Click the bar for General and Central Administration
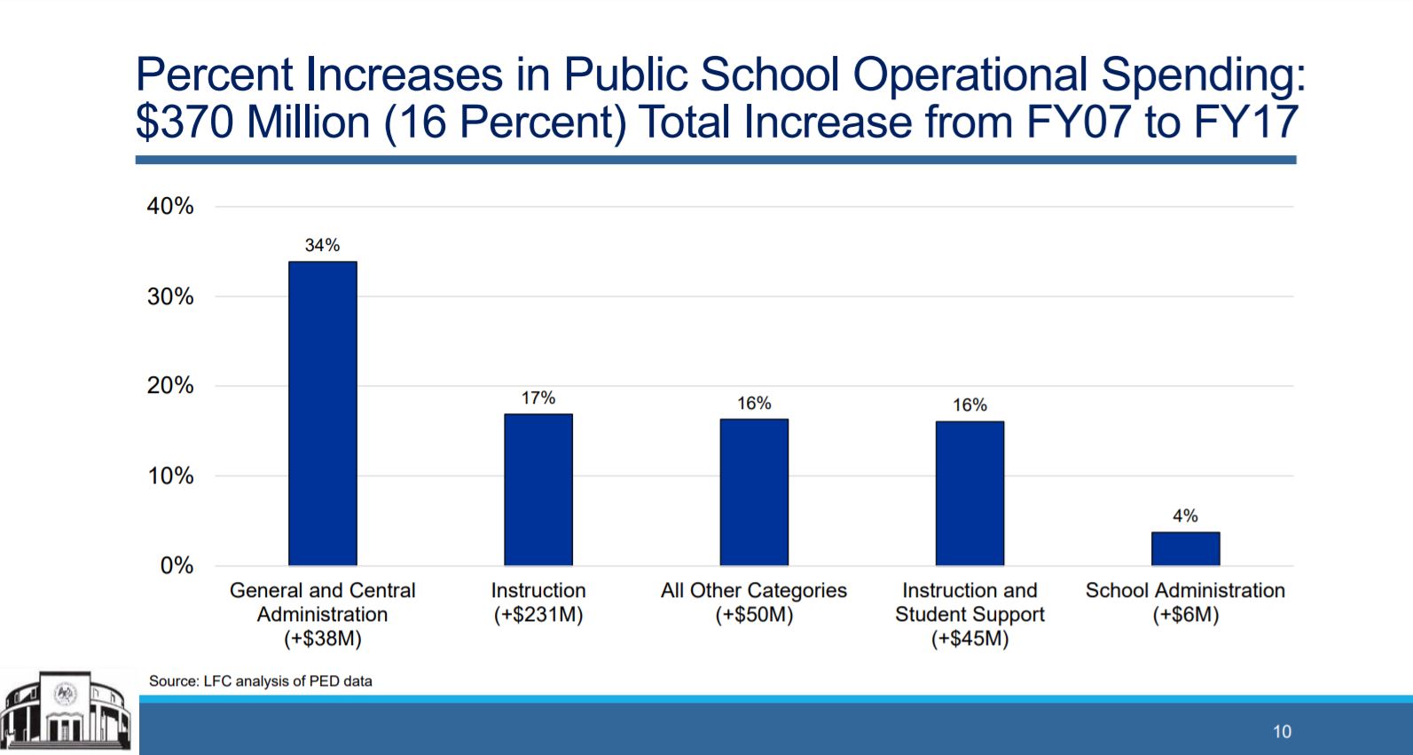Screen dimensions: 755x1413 (x=323, y=413)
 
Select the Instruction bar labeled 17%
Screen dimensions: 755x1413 (x=538, y=490)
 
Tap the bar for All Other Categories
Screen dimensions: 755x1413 (x=754, y=492)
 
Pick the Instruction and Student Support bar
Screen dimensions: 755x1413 (x=969, y=493)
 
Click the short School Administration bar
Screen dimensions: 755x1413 (x=1185, y=549)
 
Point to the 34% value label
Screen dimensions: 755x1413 (x=322, y=246)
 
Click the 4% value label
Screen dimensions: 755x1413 (x=1185, y=516)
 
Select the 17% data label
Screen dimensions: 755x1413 (x=538, y=398)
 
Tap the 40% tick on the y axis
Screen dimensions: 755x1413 (x=170, y=207)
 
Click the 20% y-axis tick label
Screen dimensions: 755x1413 (x=170, y=386)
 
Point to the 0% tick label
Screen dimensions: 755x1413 (x=177, y=566)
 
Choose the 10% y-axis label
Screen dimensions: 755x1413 (x=170, y=476)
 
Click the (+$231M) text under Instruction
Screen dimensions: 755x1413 (x=538, y=615)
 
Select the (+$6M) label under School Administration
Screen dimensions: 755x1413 (x=1185, y=615)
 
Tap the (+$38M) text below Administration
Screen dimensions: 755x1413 (x=323, y=639)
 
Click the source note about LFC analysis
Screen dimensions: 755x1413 (x=261, y=681)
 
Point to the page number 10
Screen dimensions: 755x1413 (x=1282, y=732)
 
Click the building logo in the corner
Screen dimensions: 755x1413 (x=67, y=712)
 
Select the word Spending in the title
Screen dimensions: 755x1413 (x=1203, y=75)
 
